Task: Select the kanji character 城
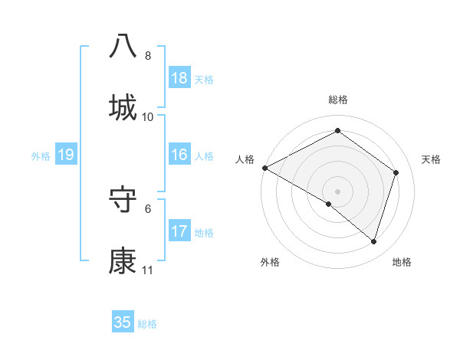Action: [x=123, y=108]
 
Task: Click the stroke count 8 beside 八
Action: [x=148, y=56]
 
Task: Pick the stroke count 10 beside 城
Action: [x=148, y=117]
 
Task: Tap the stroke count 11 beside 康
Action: [x=148, y=270]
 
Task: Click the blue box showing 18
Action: [x=179, y=78]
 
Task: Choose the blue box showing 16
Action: [x=179, y=155]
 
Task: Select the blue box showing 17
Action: [x=179, y=231]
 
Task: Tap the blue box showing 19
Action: [x=65, y=155]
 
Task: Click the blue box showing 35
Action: [x=123, y=322]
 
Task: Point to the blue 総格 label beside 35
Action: [x=148, y=324]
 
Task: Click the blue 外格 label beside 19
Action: [x=41, y=156]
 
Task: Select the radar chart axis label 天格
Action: [x=432, y=159]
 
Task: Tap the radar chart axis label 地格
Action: [x=402, y=262]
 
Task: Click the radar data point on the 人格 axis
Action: [x=264, y=168]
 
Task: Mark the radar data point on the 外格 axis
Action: [x=329, y=205]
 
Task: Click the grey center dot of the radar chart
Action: [x=337, y=191]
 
